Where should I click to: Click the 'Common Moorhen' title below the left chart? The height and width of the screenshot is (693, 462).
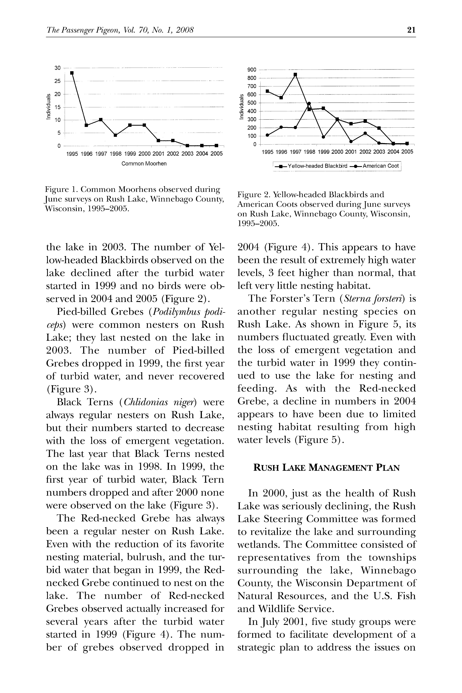pyautogui.click(x=144, y=163)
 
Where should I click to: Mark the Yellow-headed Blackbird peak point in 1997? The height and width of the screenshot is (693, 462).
pyautogui.click(x=295, y=74)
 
